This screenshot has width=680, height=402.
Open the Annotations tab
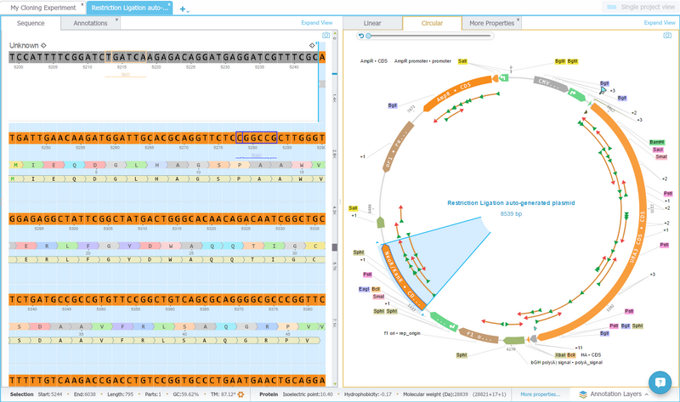click(90, 23)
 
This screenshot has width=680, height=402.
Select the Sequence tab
click(31, 23)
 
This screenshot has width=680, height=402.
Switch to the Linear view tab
click(372, 23)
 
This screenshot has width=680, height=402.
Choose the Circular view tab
click(432, 23)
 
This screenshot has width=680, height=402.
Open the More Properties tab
click(492, 23)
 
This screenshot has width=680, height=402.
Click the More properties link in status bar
click(541, 394)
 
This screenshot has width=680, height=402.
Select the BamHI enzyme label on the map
click(656, 142)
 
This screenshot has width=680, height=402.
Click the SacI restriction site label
click(657, 150)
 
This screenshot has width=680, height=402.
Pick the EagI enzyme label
click(364, 289)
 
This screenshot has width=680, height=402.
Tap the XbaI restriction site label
click(560, 354)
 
